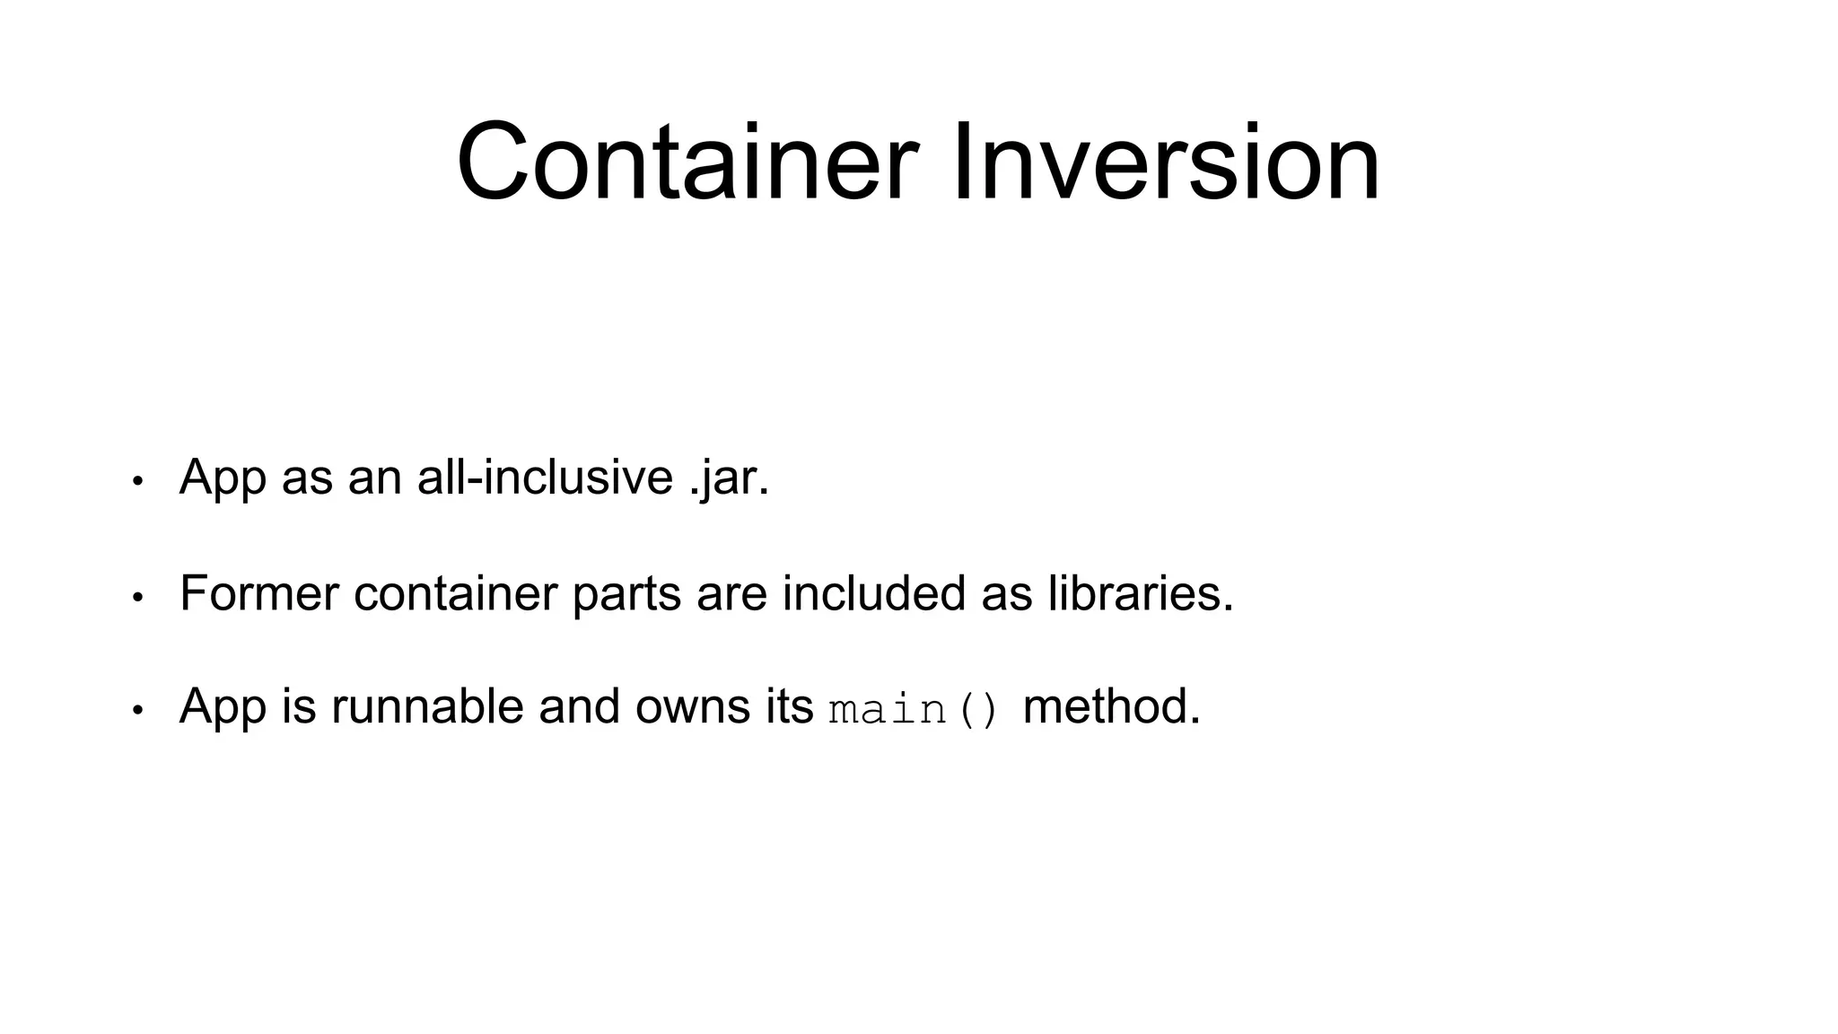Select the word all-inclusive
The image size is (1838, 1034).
click(545, 477)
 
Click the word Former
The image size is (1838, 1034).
click(259, 593)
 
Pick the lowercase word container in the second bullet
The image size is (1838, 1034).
click(455, 593)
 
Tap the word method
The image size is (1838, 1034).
click(1111, 706)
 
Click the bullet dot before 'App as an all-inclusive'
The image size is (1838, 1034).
click(137, 481)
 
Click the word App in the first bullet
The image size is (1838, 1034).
click(223, 478)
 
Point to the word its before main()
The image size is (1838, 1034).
click(789, 706)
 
